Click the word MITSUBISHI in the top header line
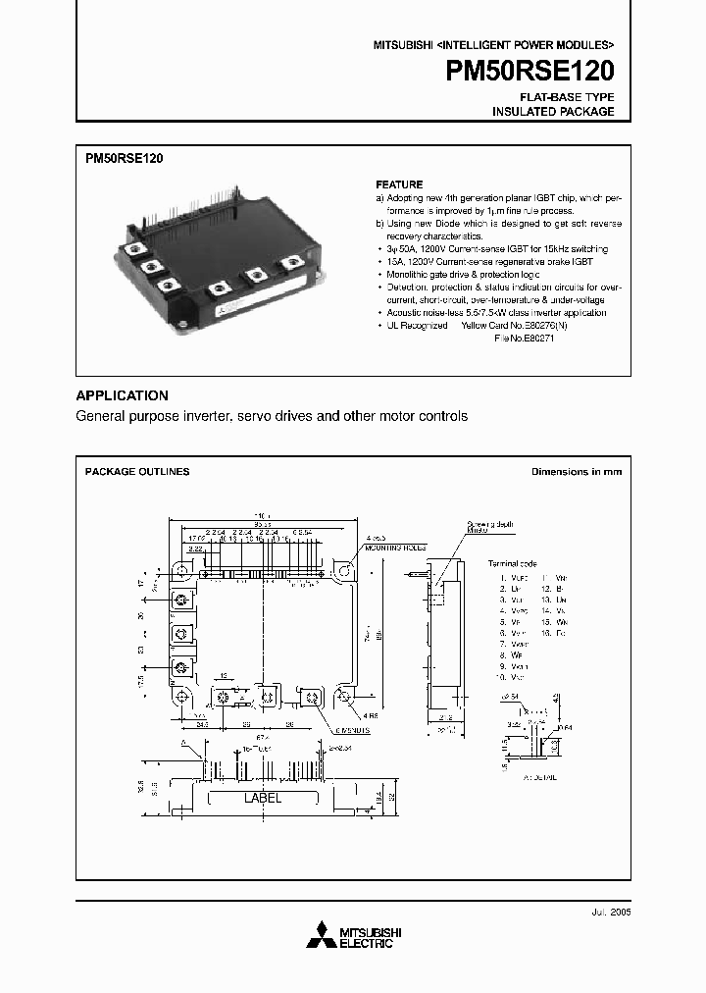(401, 45)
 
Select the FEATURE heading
(399, 184)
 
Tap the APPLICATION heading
(122, 395)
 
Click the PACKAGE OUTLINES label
(137, 472)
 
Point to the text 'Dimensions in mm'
(577, 472)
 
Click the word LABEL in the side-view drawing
(262, 798)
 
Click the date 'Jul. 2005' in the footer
(610, 912)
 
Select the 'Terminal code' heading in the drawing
(513, 564)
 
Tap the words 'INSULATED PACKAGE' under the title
(553, 112)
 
